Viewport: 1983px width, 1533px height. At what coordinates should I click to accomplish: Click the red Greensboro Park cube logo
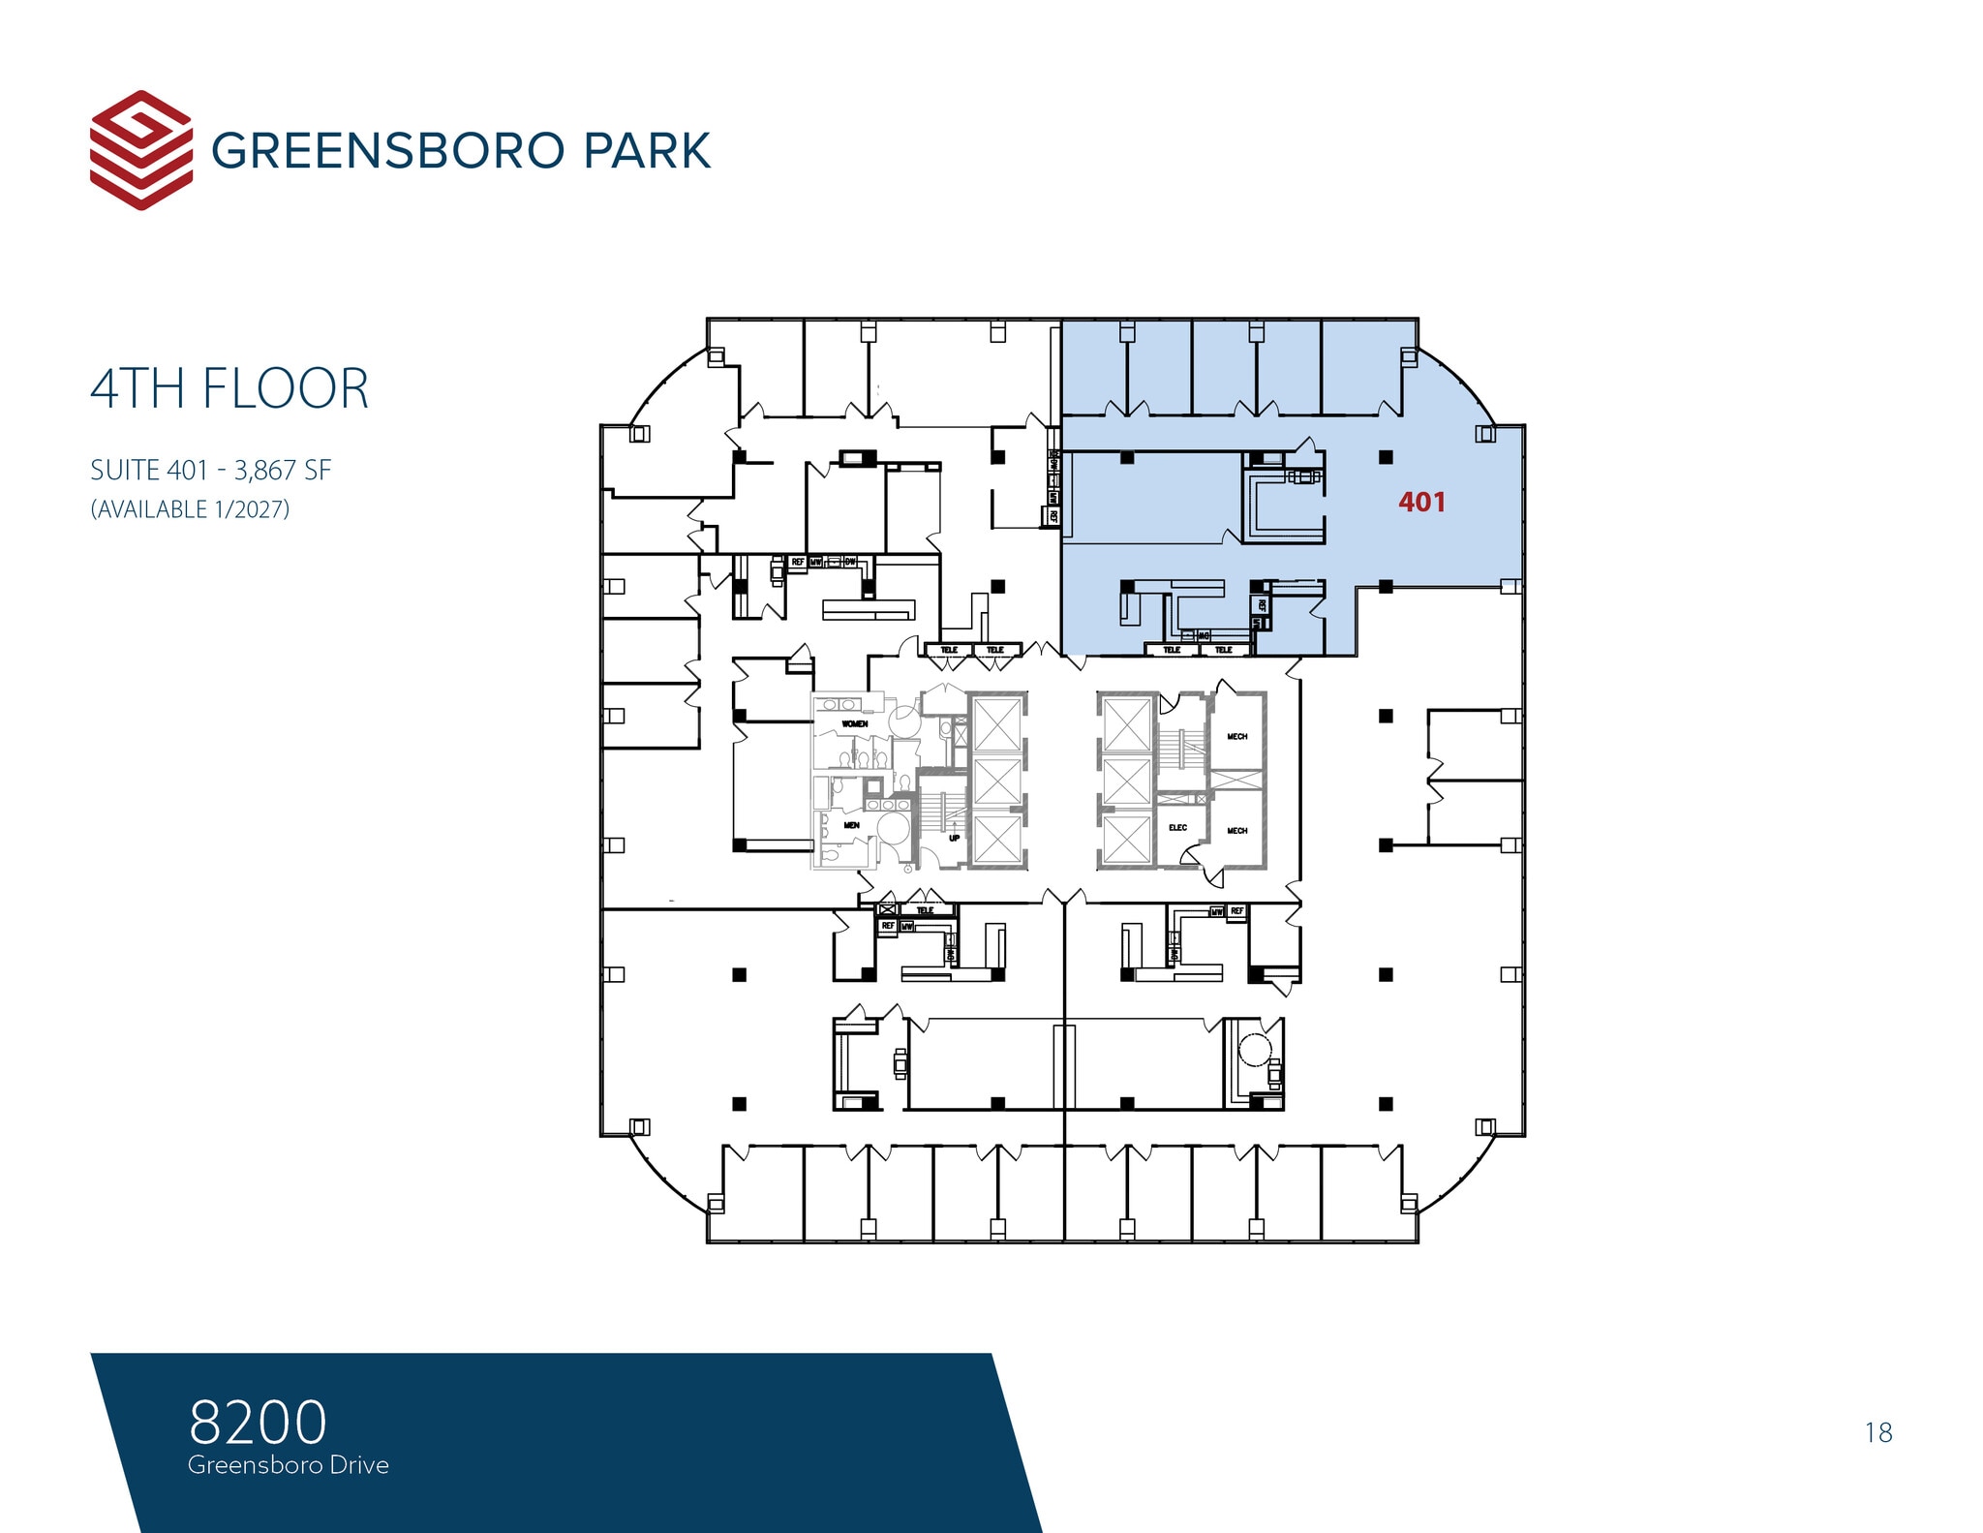(x=140, y=150)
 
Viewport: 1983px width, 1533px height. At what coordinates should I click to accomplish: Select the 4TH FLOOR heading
(x=229, y=388)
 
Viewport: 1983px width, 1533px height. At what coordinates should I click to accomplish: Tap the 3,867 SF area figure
(x=283, y=471)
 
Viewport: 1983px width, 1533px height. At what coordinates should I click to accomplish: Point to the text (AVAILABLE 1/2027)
(x=190, y=509)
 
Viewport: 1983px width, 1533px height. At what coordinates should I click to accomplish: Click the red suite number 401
(x=1421, y=502)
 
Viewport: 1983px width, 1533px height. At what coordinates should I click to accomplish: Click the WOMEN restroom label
(x=854, y=723)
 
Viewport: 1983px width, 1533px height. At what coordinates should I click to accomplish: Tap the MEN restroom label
(x=851, y=825)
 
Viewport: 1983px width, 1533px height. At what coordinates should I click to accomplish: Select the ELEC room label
(x=1177, y=827)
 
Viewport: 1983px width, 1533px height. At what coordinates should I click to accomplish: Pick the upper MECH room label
(x=1236, y=736)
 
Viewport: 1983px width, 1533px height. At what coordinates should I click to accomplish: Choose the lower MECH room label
(x=1236, y=830)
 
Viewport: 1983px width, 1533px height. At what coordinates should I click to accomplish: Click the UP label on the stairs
(x=954, y=838)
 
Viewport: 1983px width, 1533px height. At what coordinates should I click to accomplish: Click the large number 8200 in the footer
(x=258, y=1422)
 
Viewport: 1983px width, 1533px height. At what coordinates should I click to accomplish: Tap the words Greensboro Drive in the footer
(x=289, y=1464)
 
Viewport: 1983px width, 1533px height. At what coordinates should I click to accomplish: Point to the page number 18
(x=1877, y=1432)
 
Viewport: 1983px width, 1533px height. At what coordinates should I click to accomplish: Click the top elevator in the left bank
(x=997, y=723)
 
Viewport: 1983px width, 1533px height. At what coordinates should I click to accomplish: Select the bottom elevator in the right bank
(x=1126, y=839)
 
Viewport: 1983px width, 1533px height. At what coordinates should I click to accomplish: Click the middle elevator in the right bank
(x=1126, y=781)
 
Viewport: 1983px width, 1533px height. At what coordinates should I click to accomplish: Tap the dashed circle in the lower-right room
(x=1256, y=1049)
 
